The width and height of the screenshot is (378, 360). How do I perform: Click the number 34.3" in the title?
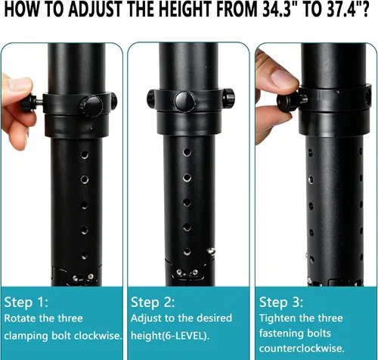pyautogui.click(x=277, y=10)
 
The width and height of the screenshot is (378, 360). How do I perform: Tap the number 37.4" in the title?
pyautogui.click(x=345, y=10)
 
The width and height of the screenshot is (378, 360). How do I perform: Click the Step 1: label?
pyautogui.click(x=26, y=302)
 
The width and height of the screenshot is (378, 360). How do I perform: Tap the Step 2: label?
pyautogui.click(x=153, y=302)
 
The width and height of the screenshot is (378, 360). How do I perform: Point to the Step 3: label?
pyautogui.click(x=281, y=302)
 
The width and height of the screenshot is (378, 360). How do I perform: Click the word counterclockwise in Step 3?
pyautogui.click(x=302, y=349)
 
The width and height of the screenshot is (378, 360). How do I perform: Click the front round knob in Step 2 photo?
pyautogui.click(x=185, y=101)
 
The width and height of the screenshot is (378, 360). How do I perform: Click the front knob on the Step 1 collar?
pyautogui.click(x=91, y=106)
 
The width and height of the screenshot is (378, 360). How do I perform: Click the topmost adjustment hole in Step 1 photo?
pyautogui.click(x=85, y=155)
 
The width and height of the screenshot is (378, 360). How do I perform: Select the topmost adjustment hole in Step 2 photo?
pyautogui.click(x=187, y=152)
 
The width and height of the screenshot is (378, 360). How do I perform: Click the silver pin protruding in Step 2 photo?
pyautogui.click(x=211, y=251)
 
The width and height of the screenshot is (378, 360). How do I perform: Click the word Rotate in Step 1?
pyautogui.click(x=21, y=318)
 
